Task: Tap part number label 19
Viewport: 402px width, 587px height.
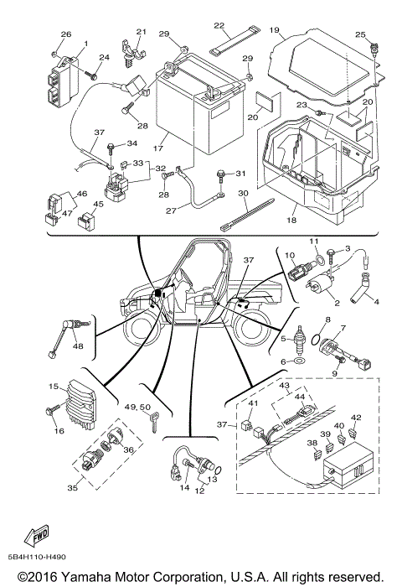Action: tap(274, 29)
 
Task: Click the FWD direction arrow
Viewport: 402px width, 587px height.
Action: tap(38, 534)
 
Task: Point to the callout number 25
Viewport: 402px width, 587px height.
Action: tap(361, 34)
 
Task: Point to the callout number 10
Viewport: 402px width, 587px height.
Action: tap(290, 255)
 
